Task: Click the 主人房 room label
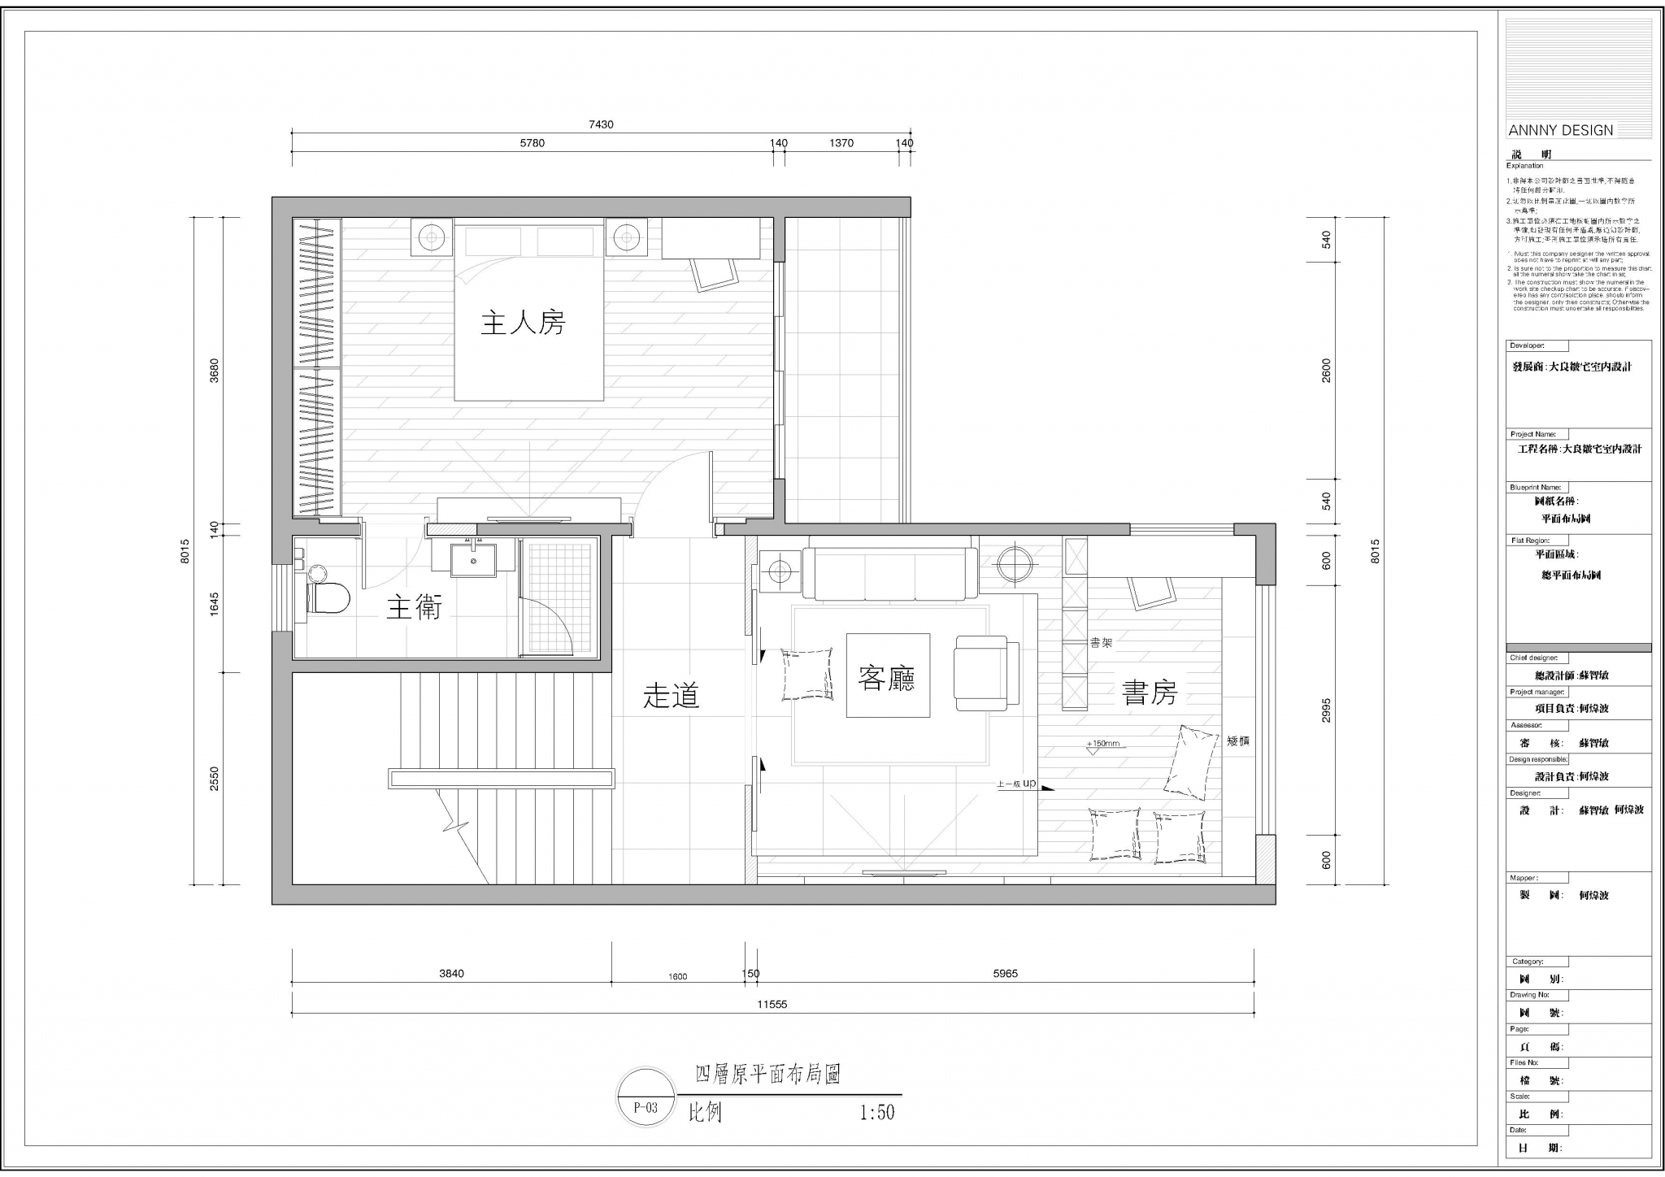[523, 324]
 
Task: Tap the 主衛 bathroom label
[414, 607]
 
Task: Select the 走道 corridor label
[672, 696]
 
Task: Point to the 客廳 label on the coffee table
[887, 677]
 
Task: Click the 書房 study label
[1150, 693]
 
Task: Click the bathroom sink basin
[473, 559]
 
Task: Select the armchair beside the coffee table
[986, 673]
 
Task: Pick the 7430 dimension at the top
[601, 125]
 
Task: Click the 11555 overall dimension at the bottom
[772, 1004]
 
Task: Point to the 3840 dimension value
[451, 974]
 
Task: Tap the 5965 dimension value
[1006, 974]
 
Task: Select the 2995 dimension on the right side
[1327, 710]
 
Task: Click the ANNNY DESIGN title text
[1560, 131]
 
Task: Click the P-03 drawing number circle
[646, 1107]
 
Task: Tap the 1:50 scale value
[877, 1112]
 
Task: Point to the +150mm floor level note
[1102, 744]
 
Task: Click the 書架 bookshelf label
[1101, 643]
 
